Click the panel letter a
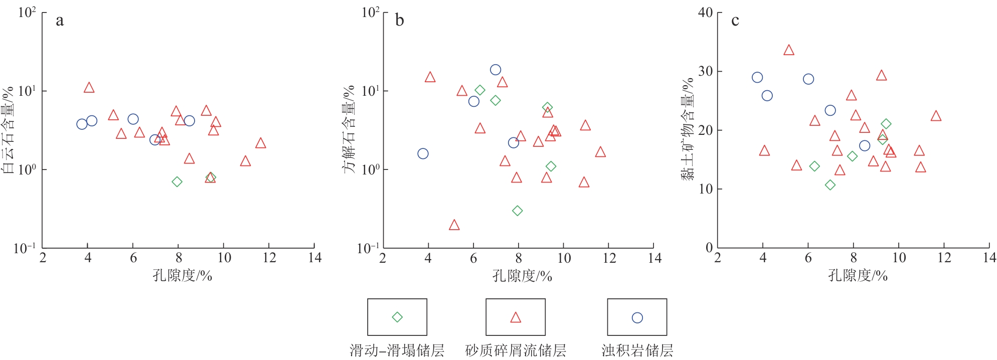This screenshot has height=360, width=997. [x=60, y=21]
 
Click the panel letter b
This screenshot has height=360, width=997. [x=399, y=20]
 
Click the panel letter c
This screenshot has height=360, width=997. [x=735, y=21]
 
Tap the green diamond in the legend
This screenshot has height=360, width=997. [x=397, y=317]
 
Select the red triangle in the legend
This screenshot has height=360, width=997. [x=516, y=317]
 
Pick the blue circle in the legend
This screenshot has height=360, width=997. [x=637, y=317]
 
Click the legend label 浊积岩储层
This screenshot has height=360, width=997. [x=637, y=350]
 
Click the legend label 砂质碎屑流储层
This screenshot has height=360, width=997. [x=516, y=350]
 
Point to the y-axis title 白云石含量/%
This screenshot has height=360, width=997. [x=9, y=130]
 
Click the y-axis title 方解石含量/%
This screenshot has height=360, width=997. [x=349, y=129]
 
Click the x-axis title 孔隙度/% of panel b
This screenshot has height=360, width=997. [x=522, y=276]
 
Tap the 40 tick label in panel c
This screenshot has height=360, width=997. [x=705, y=13]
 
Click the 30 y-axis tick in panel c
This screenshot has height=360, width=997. [x=705, y=71]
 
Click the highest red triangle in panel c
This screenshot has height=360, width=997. [x=789, y=50]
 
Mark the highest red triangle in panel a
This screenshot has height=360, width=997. [x=89, y=88]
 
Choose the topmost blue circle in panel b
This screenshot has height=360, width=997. [x=495, y=70]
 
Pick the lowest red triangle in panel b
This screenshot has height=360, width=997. [x=454, y=225]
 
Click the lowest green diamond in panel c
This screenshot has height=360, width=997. [x=830, y=185]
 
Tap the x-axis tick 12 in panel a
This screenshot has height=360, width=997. [x=269, y=258]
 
